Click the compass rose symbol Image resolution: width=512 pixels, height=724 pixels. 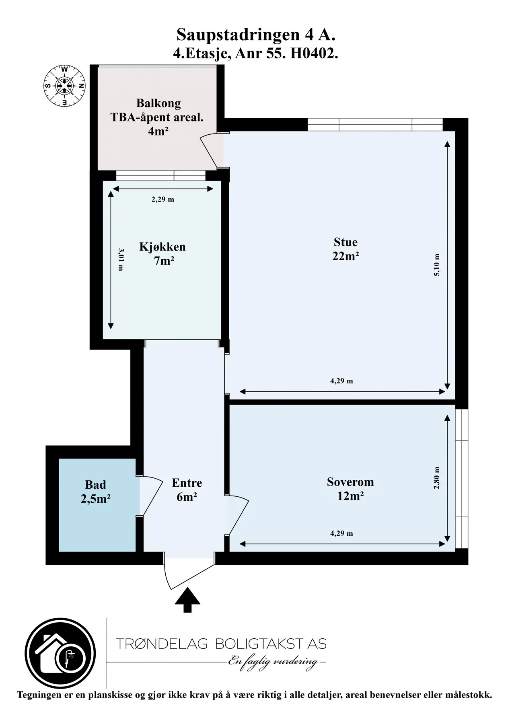64,86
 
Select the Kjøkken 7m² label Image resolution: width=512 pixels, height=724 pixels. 162,253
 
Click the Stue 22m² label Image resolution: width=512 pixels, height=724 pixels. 345,249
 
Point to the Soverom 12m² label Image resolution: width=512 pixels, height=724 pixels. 350,489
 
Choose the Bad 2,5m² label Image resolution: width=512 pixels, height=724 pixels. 96,492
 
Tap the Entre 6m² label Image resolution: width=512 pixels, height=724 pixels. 187,490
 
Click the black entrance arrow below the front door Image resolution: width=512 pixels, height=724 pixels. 187,600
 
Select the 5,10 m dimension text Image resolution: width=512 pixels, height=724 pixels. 437,265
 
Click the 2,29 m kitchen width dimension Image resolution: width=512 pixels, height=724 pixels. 163,199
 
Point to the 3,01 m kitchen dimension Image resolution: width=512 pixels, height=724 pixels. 121,259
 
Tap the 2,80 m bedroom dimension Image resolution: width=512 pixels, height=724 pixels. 437,477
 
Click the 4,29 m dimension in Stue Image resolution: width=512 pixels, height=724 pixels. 341,381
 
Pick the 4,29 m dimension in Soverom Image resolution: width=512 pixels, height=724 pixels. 341,533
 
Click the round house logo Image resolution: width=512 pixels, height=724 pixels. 60,653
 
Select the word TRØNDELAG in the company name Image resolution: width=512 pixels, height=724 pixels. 162,644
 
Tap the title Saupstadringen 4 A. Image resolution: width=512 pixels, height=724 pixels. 256,35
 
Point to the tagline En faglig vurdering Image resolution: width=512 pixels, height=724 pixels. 273,662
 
